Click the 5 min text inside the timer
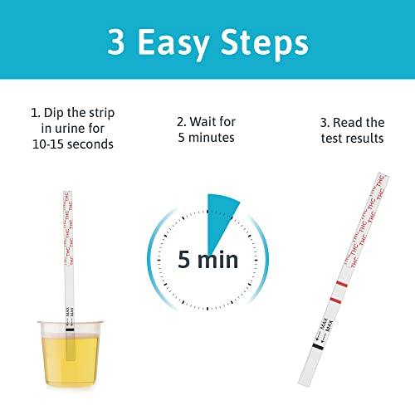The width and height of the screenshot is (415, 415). (x=207, y=259)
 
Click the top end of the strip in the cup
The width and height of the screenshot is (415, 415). (x=64, y=196)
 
